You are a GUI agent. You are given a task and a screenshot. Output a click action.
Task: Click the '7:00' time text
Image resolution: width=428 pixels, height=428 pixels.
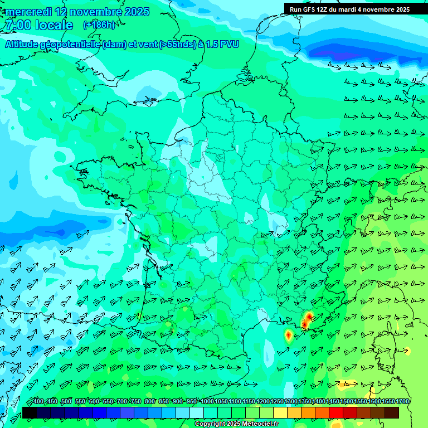pyautogui.click(x=17, y=25)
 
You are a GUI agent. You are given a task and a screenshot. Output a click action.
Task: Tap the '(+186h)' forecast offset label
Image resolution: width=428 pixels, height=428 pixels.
pyautogui.click(x=99, y=25)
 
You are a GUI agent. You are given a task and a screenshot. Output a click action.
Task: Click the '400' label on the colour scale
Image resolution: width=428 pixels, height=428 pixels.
pyautogui.click(x=38, y=402)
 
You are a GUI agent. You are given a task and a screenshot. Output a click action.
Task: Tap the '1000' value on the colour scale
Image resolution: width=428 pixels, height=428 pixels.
pyautogui.click(x=207, y=402)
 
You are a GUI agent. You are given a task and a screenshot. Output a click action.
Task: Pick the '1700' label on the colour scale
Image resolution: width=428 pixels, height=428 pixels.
pyautogui.click(x=402, y=402)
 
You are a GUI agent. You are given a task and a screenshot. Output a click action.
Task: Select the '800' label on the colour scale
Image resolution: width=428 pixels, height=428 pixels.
pyautogui.click(x=149, y=402)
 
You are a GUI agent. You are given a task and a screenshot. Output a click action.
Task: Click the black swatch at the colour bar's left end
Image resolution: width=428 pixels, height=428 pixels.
pyautogui.click(x=30, y=412)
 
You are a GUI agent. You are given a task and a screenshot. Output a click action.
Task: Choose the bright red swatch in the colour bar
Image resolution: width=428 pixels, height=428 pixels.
pyautogui.click(x=336, y=412)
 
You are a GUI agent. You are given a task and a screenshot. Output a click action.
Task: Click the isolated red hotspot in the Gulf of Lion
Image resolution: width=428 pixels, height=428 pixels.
pyautogui.click(x=288, y=335)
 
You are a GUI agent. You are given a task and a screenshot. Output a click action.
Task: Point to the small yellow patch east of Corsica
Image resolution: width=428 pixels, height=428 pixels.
pyautogui.click(x=407, y=351)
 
